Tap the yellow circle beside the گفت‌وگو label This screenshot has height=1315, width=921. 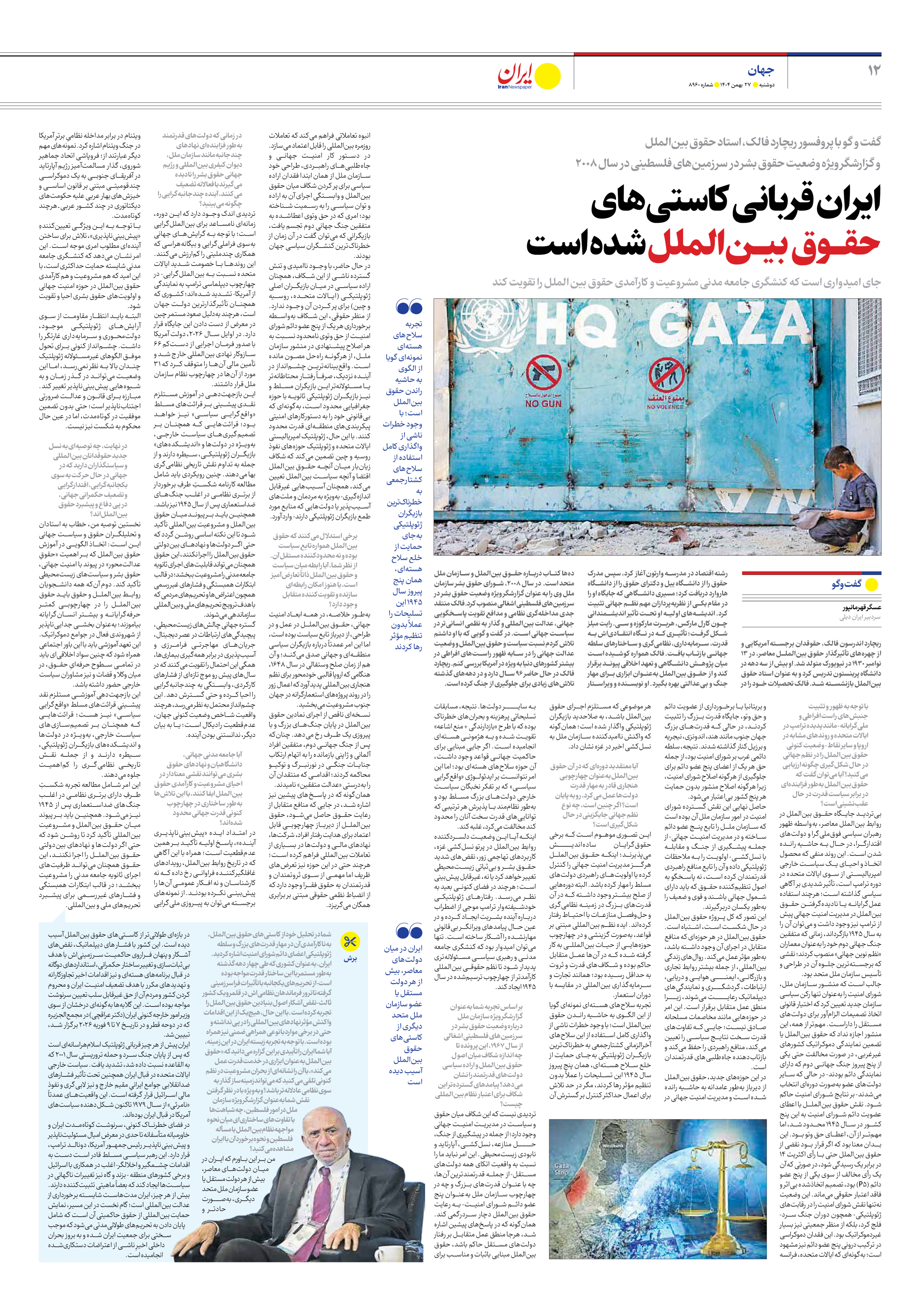click(871, 584)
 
